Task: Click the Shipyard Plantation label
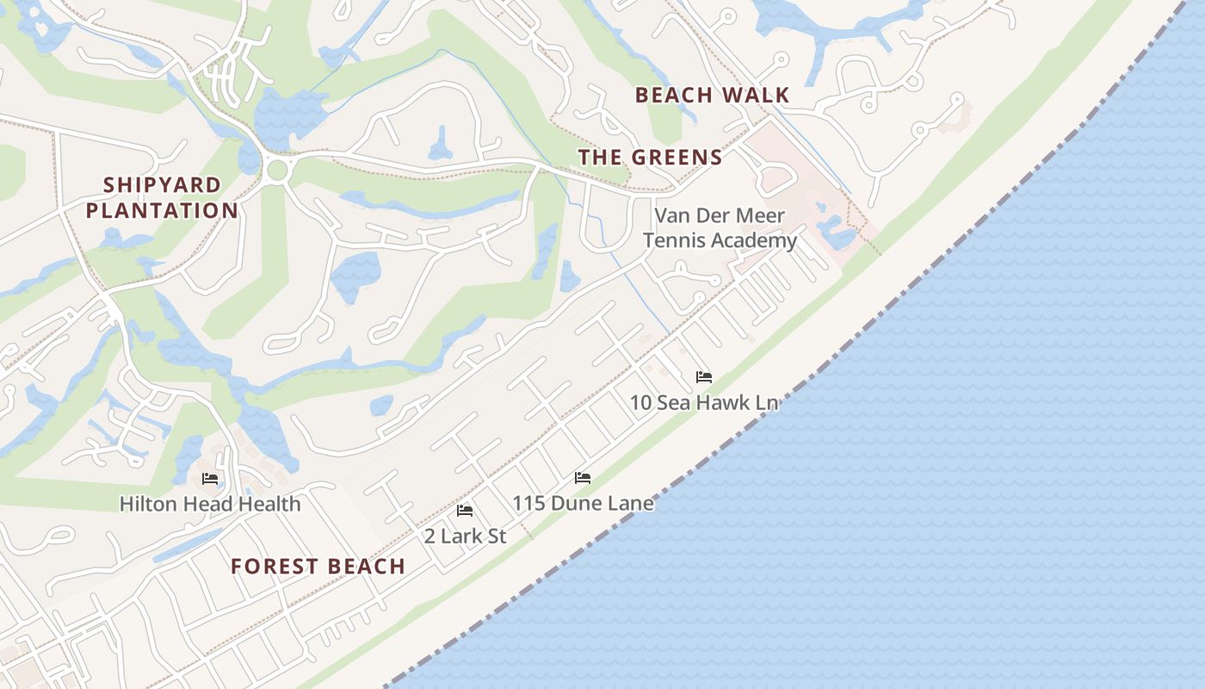162,197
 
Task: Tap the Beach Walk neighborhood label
712,95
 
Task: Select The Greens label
650,157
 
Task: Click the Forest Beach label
318,566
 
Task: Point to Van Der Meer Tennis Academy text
720,227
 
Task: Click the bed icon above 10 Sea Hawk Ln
704,377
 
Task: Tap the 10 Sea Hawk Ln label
704,402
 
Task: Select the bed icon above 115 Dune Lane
583,478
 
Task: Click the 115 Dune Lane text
583,503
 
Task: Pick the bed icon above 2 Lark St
465,511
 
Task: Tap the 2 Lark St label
465,536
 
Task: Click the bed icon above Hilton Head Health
210,479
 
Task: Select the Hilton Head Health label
210,504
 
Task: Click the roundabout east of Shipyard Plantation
276,170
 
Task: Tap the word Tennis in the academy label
673,240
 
